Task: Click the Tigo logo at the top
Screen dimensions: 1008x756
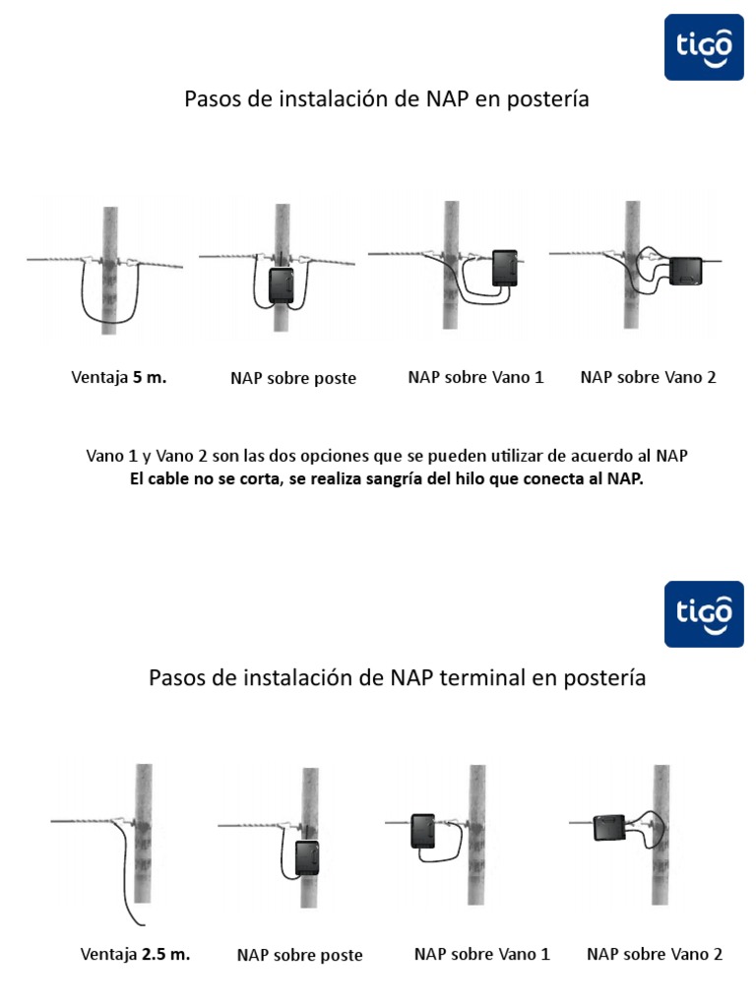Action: (703, 46)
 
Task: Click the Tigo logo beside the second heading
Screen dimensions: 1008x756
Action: (703, 613)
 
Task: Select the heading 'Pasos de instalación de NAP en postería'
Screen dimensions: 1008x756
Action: (387, 99)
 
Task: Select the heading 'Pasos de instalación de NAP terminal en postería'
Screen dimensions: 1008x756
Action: (397, 678)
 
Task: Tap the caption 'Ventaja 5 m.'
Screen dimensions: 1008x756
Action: (119, 377)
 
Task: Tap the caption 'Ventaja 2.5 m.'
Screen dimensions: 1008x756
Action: (135, 954)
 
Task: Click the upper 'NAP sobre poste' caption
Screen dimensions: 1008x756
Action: (293, 378)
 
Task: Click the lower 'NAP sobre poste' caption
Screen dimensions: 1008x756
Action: (300, 955)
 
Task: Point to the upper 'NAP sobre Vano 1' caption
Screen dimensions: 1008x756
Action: (475, 377)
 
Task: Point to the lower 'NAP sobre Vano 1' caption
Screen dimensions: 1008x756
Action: (482, 954)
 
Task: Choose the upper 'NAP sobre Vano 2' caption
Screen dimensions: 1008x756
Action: (649, 377)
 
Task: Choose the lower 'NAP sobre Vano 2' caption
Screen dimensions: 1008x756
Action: (655, 954)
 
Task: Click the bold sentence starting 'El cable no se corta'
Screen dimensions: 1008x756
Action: (386, 479)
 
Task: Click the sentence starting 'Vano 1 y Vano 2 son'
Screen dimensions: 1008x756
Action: (386, 457)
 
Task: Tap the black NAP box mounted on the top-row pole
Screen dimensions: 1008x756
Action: (282, 285)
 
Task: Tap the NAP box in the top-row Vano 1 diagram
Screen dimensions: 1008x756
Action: (506, 268)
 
